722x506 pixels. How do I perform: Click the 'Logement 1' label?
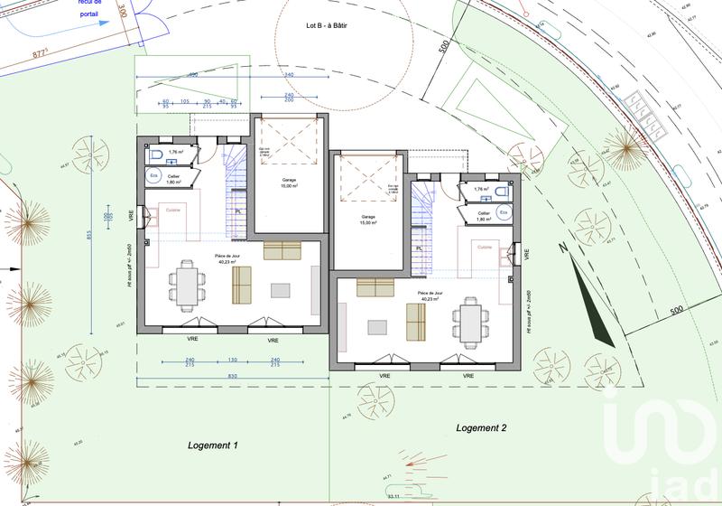click(x=212, y=445)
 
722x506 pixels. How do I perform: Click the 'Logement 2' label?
click(x=481, y=427)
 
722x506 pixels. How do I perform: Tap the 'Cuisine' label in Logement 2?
click(x=484, y=247)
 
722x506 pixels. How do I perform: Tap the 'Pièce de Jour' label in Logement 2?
click(x=430, y=294)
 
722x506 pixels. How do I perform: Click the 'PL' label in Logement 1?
click(x=238, y=211)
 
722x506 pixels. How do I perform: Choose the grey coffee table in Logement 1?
click(x=281, y=290)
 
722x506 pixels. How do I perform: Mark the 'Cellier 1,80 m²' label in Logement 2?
click(x=484, y=217)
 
